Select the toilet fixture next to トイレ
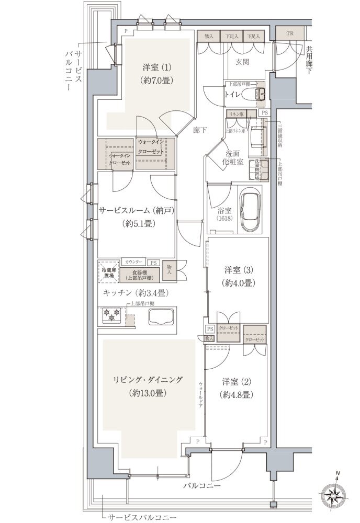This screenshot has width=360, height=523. (258, 94)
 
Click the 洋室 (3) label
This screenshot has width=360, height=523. (239, 270)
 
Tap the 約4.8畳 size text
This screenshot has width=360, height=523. (237, 395)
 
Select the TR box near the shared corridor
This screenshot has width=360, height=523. (290, 33)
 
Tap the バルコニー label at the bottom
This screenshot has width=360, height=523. (201, 486)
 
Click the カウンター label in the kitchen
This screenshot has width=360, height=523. (133, 260)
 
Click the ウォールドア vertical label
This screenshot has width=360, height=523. (200, 395)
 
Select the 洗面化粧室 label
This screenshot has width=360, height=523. (233, 158)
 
